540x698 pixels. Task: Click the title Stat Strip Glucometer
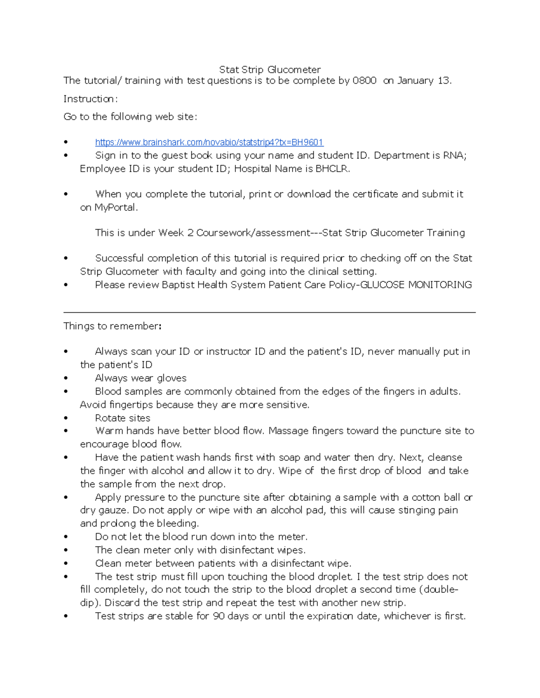pos(270,70)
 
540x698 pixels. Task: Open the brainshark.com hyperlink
pos(209,142)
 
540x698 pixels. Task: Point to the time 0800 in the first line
pos(364,81)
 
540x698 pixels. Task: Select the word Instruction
pos(90,99)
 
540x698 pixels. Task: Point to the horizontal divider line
pos(270,312)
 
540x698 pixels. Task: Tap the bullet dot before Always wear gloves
pos(66,379)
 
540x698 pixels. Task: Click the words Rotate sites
pos(122,418)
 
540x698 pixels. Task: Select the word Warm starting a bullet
pos(109,431)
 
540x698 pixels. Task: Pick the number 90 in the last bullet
pos(219,616)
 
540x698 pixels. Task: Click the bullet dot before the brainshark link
pos(66,142)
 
